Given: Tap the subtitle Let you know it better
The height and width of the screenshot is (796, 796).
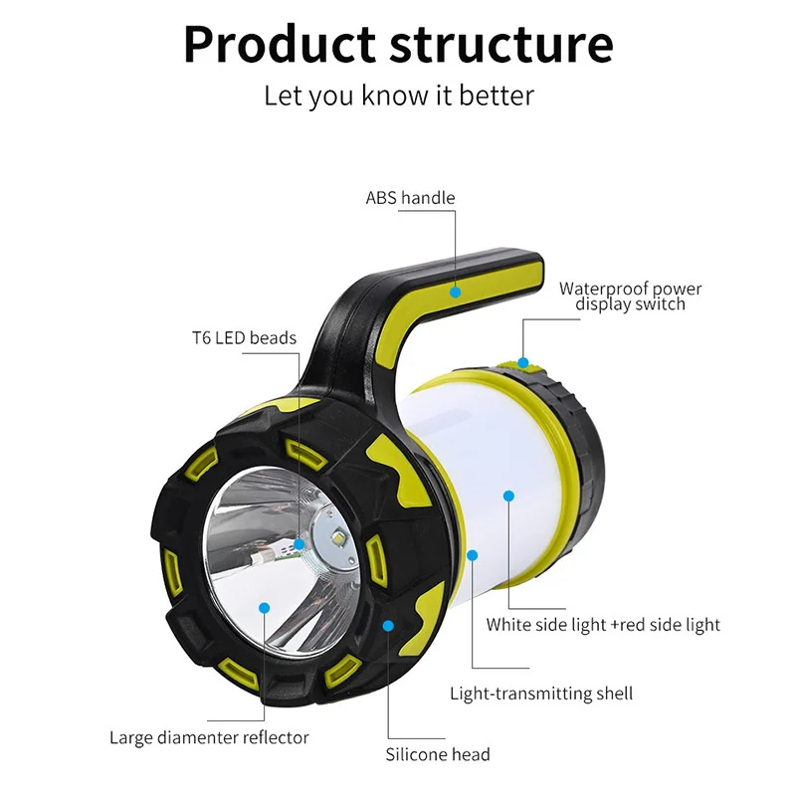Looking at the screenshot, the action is pos(398,96).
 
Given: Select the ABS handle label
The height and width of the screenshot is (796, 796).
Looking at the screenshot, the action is pos(410,198).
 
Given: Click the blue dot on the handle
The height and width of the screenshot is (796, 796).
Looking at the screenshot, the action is pos(455,293).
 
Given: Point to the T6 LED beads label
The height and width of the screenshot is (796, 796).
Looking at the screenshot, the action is pos(245,338).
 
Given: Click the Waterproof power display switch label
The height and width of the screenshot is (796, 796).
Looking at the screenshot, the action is pos(630,297).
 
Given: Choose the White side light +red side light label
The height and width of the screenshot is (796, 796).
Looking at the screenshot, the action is pos(603,625).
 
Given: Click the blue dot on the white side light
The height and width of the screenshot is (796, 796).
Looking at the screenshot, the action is pos(509,495).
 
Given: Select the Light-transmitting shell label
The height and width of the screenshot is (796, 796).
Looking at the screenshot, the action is pos(541,694).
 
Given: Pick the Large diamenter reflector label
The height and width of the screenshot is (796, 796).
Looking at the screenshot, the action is pos(209,737).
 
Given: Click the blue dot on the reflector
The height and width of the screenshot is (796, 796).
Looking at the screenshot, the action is pos(265,606).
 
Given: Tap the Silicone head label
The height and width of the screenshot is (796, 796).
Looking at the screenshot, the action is pos(438,754).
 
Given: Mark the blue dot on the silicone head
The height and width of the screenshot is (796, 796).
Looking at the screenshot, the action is pos(389,626).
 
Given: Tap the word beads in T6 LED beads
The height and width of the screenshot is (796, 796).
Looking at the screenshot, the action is pos(273,338).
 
